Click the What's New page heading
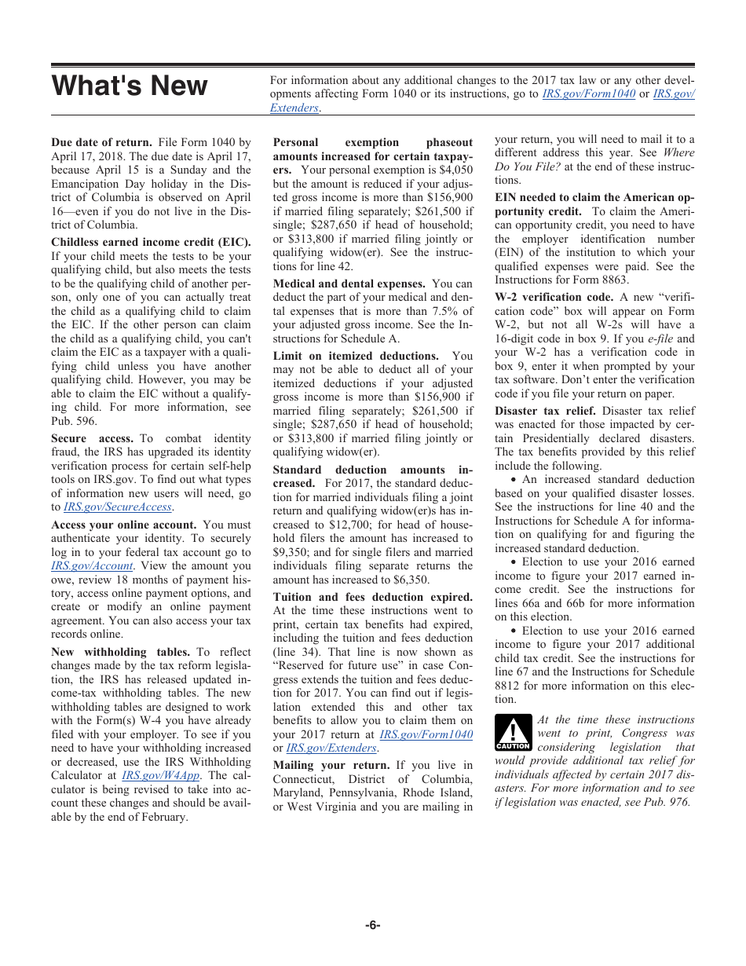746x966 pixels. coord(130,86)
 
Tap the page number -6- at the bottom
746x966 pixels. coord(373,924)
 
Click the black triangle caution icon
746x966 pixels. coord(513,733)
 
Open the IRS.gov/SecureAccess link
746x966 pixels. coord(117,507)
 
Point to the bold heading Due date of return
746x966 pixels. coord(101,142)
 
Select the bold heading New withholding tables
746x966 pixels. coord(120,652)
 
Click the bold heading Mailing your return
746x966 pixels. coord(331,765)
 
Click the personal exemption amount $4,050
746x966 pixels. coord(456,170)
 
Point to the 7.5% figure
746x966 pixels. coord(455,311)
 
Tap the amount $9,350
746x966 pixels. coord(291,552)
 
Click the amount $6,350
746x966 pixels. coord(405,580)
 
